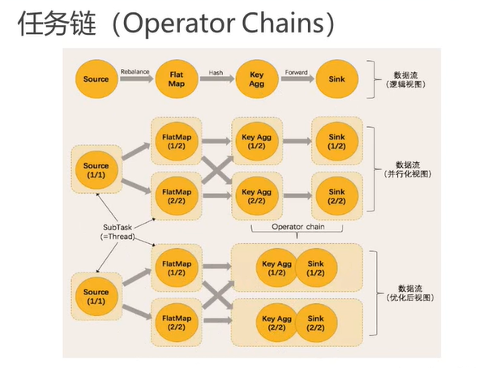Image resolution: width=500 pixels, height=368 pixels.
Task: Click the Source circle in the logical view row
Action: [x=96, y=79]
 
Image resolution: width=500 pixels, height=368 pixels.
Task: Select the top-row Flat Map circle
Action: [x=177, y=79]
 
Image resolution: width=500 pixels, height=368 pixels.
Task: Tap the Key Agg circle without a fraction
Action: [x=257, y=79]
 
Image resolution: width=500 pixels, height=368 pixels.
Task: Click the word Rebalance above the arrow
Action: [x=135, y=71]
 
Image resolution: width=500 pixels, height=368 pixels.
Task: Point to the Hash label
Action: [x=216, y=71]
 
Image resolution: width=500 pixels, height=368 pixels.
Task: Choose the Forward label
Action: [x=296, y=71]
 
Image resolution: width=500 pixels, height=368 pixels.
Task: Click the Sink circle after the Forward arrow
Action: [x=336, y=79]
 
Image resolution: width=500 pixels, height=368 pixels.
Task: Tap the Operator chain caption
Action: [x=298, y=226]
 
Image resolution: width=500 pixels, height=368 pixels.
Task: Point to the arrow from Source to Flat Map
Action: [x=135, y=80]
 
